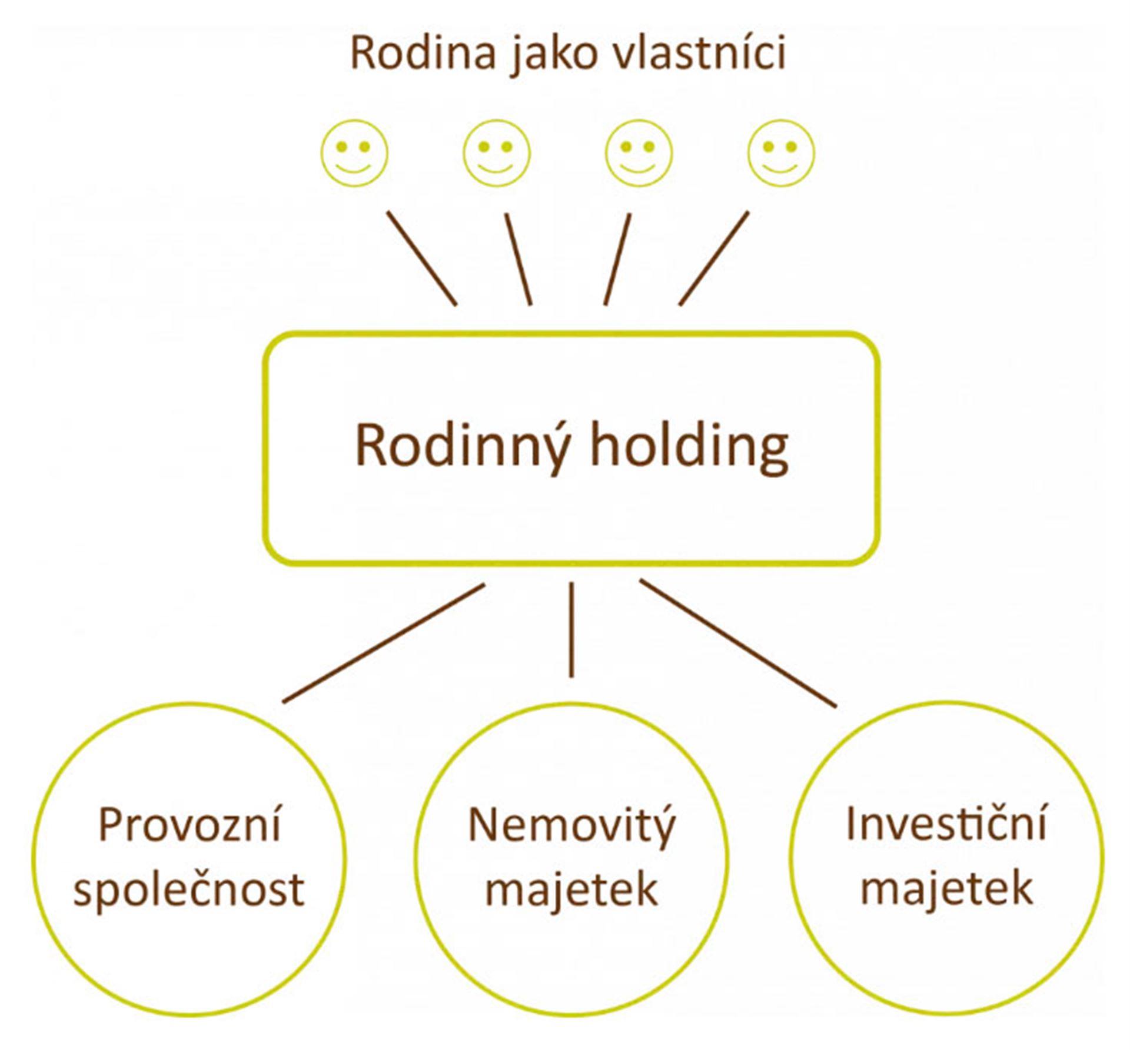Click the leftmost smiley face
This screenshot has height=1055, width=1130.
tap(354, 153)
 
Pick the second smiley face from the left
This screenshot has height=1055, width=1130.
tap(496, 153)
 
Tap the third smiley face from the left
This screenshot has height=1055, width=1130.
tap(639, 153)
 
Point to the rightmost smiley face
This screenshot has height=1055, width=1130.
tap(781, 153)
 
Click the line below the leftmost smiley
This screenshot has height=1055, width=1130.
tap(421, 258)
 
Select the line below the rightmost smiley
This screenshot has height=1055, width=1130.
tap(714, 258)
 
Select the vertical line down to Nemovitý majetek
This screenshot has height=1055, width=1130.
tap(571, 629)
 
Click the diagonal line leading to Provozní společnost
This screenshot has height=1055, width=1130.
tap(384, 643)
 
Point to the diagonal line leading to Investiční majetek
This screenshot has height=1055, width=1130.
tap(738, 643)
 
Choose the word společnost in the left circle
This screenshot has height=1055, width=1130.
tap(189, 891)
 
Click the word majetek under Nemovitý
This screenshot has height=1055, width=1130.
tap(571, 891)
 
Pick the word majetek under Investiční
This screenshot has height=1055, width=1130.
tap(946, 891)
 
